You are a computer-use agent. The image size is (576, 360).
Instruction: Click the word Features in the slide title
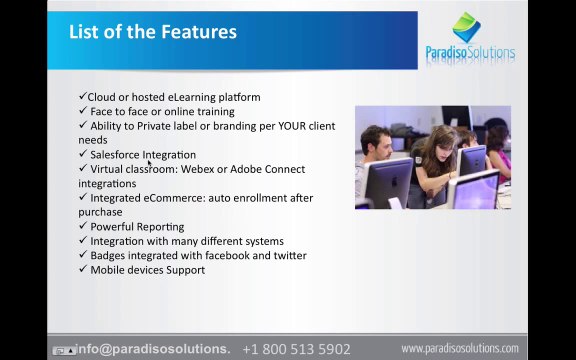tap(199, 32)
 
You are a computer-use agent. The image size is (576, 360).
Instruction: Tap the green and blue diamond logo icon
tap(466, 27)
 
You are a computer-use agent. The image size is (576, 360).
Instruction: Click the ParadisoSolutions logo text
tap(470, 53)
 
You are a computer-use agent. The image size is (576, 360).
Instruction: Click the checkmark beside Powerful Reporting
tap(83, 225)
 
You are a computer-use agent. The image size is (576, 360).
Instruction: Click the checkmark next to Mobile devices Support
tap(83, 268)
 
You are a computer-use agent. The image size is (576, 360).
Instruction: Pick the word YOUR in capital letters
tap(292, 126)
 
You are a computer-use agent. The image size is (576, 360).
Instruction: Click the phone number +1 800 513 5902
tap(296, 349)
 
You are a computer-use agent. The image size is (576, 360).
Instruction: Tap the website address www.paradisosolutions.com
tap(460, 348)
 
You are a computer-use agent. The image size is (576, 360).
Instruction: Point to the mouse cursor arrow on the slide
tap(150, 163)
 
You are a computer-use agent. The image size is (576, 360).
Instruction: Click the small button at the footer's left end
tap(64, 350)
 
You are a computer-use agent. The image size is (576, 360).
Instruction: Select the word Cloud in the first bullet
tap(101, 97)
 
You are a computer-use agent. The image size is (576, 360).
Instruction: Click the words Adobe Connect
tap(267, 169)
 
